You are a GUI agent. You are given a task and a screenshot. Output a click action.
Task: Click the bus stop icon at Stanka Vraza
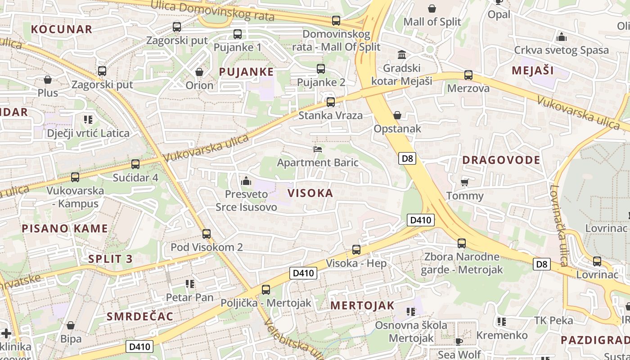click(x=331, y=102)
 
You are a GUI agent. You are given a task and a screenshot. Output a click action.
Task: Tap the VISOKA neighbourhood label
click(x=310, y=193)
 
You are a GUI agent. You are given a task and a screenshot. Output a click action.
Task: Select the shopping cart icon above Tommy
click(x=465, y=182)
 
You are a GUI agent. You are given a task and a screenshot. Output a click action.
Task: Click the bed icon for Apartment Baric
click(x=318, y=149)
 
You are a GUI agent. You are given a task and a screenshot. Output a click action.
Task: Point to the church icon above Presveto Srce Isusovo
click(x=246, y=181)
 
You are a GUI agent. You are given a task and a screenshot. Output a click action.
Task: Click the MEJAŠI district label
click(x=533, y=71)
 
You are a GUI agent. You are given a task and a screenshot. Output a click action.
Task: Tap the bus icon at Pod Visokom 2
click(x=207, y=234)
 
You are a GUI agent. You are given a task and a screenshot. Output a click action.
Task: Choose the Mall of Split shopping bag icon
click(x=432, y=9)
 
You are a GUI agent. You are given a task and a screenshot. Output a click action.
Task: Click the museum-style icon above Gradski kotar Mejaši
click(x=402, y=55)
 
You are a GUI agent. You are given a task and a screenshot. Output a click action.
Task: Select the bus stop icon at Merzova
click(x=468, y=75)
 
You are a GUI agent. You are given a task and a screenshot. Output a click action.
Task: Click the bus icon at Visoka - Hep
click(x=356, y=250)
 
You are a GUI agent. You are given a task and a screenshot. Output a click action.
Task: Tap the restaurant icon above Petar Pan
click(x=190, y=284)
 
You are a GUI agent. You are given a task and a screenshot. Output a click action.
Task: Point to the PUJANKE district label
click(x=246, y=72)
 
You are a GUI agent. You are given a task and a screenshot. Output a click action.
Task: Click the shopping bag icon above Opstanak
click(x=397, y=116)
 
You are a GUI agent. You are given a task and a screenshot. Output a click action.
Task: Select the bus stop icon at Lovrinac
click(x=597, y=261)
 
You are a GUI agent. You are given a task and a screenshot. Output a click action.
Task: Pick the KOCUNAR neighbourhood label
click(x=62, y=30)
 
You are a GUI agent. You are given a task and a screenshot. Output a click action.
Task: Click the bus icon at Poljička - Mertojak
click(x=266, y=290)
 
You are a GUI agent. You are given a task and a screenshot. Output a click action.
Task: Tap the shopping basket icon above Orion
click(x=199, y=72)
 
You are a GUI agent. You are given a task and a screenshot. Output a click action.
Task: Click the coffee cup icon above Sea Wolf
click(x=459, y=342)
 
